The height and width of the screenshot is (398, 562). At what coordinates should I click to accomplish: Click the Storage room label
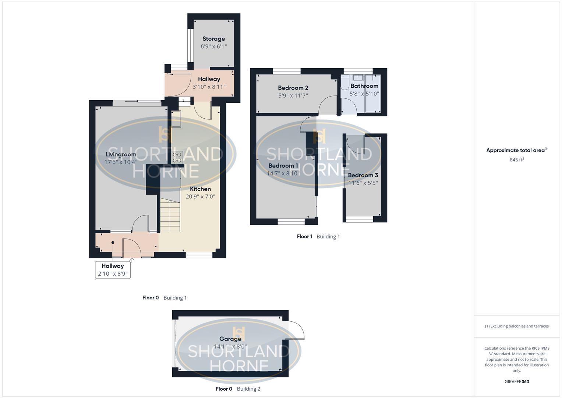(213, 39)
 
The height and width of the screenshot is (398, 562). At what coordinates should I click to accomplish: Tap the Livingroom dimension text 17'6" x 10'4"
(121, 162)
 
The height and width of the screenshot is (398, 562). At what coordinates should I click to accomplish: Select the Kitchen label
(200, 189)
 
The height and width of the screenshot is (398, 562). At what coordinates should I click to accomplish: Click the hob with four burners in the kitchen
(177, 157)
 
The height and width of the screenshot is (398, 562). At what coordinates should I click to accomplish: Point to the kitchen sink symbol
(176, 119)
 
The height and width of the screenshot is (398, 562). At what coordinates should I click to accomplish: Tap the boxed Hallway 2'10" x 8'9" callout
(113, 270)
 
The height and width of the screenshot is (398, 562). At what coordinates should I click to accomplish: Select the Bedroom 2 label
(293, 88)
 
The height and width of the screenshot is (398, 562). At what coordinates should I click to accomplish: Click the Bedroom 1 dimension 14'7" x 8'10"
(283, 173)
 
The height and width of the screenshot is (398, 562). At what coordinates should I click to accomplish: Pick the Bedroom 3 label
(363, 175)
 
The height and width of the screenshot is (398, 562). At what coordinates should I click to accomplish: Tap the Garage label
(230, 339)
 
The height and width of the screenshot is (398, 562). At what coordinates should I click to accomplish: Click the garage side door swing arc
(297, 329)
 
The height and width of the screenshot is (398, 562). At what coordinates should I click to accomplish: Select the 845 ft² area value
(517, 160)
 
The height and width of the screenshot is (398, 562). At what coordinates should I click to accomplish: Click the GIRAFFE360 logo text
(517, 382)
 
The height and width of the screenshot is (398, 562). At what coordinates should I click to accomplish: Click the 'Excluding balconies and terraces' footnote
(517, 326)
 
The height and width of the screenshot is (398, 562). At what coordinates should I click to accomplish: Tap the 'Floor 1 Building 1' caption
(318, 237)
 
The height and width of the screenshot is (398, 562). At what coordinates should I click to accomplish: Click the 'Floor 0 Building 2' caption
(238, 389)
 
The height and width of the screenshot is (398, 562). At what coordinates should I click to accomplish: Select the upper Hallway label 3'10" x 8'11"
(209, 83)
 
